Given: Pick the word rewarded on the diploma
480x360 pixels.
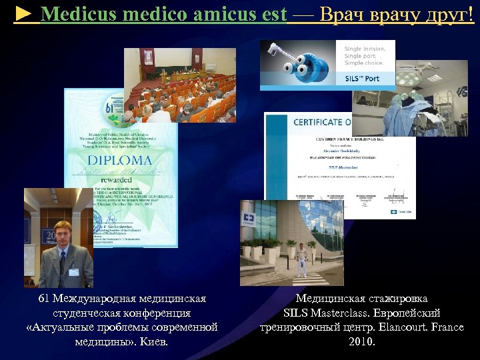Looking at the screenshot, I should pos(121,178).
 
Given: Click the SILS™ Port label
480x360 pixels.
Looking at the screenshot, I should pos(363,79).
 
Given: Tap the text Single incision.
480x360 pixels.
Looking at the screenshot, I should pos(365,49).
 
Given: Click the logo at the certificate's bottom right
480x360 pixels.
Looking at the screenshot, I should pos(403,211).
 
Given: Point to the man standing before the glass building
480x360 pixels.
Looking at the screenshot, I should pos(302,259).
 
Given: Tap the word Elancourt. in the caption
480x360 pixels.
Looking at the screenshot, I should pos(402,327).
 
